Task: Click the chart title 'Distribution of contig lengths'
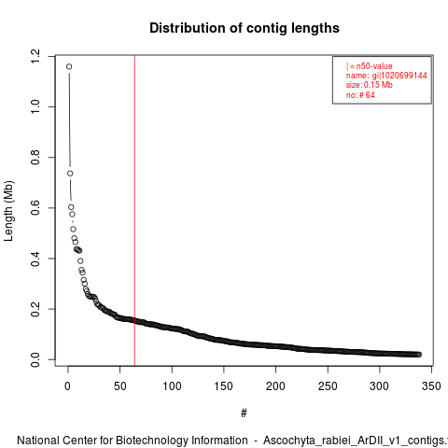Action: click(245, 28)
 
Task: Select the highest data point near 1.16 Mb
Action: click(69, 66)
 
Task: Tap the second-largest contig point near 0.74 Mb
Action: click(70, 174)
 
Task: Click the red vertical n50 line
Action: click(134, 211)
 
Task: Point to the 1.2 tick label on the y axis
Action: click(35, 56)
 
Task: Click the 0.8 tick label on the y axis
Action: click(35, 158)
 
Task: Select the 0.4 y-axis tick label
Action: click(35, 259)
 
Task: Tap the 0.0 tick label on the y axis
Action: click(35, 359)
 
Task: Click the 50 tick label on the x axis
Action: click(119, 386)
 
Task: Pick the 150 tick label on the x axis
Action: click(224, 386)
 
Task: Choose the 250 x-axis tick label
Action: click(328, 386)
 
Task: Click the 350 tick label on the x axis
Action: click(431, 386)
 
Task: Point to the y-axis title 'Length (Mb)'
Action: click(8, 211)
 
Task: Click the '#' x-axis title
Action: click(244, 413)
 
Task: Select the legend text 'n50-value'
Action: click(374, 66)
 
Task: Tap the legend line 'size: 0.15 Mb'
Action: click(370, 85)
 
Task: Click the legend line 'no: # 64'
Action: click(360, 95)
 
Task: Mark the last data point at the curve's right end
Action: click(419, 355)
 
